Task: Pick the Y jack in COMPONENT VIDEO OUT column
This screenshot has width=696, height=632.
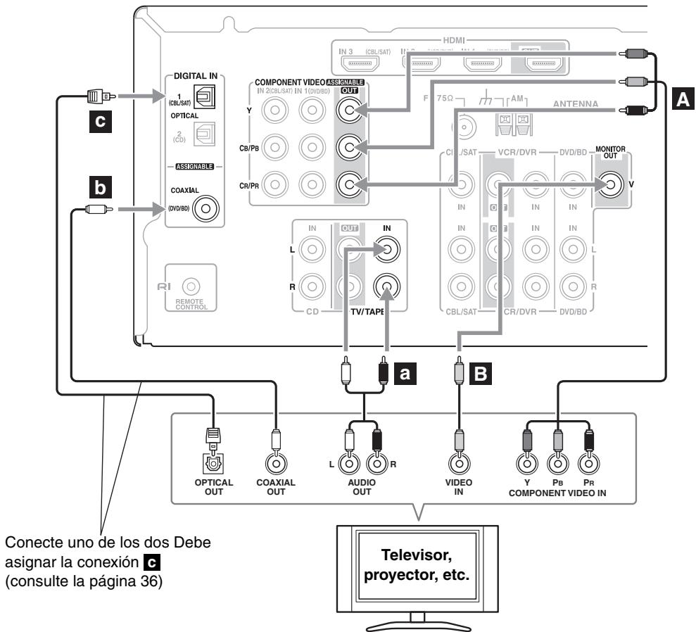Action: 348,110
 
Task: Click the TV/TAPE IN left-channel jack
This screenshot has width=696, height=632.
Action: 387,248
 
